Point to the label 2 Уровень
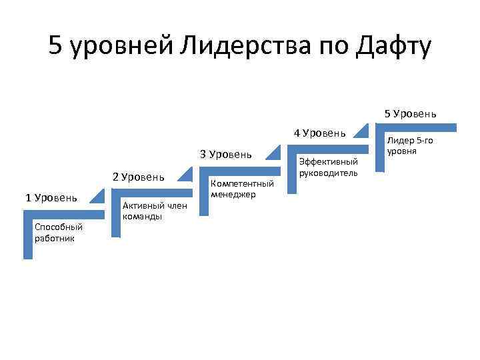click(x=138, y=177)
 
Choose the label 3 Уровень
click(x=226, y=155)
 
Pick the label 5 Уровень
click(x=410, y=113)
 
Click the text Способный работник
click(x=55, y=233)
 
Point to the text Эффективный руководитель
click(x=329, y=167)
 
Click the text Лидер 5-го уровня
click(x=410, y=145)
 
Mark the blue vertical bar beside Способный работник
click(x=27, y=235)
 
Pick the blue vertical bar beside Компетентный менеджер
click(x=203, y=193)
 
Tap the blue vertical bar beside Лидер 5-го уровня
click(x=379, y=149)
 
